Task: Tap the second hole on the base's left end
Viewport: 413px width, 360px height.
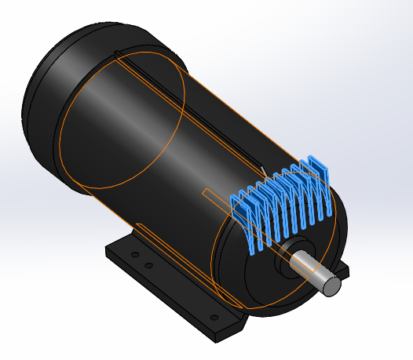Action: point(148,265)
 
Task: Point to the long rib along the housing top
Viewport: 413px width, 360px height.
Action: point(188,110)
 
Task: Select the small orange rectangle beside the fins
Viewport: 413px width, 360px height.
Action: point(217,197)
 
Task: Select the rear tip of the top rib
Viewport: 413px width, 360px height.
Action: point(118,53)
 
